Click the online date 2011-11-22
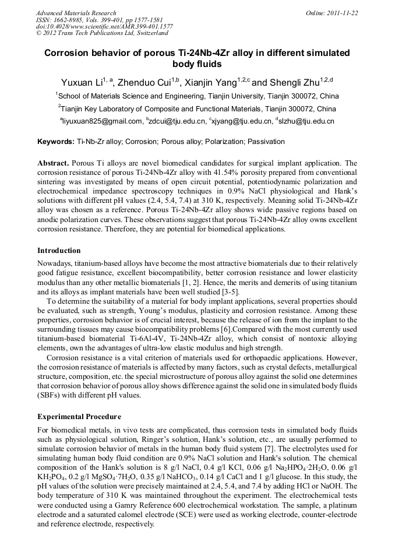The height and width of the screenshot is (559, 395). point(341,13)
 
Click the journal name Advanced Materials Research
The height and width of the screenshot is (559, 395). point(76,13)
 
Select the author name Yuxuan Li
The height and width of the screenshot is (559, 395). point(83,83)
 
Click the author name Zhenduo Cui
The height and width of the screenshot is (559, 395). point(142,83)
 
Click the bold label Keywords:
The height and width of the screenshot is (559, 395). point(56,142)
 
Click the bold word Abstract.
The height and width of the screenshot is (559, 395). point(53,163)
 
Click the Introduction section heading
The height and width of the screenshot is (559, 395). point(59,251)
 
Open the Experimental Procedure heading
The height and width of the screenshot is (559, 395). point(79,417)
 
